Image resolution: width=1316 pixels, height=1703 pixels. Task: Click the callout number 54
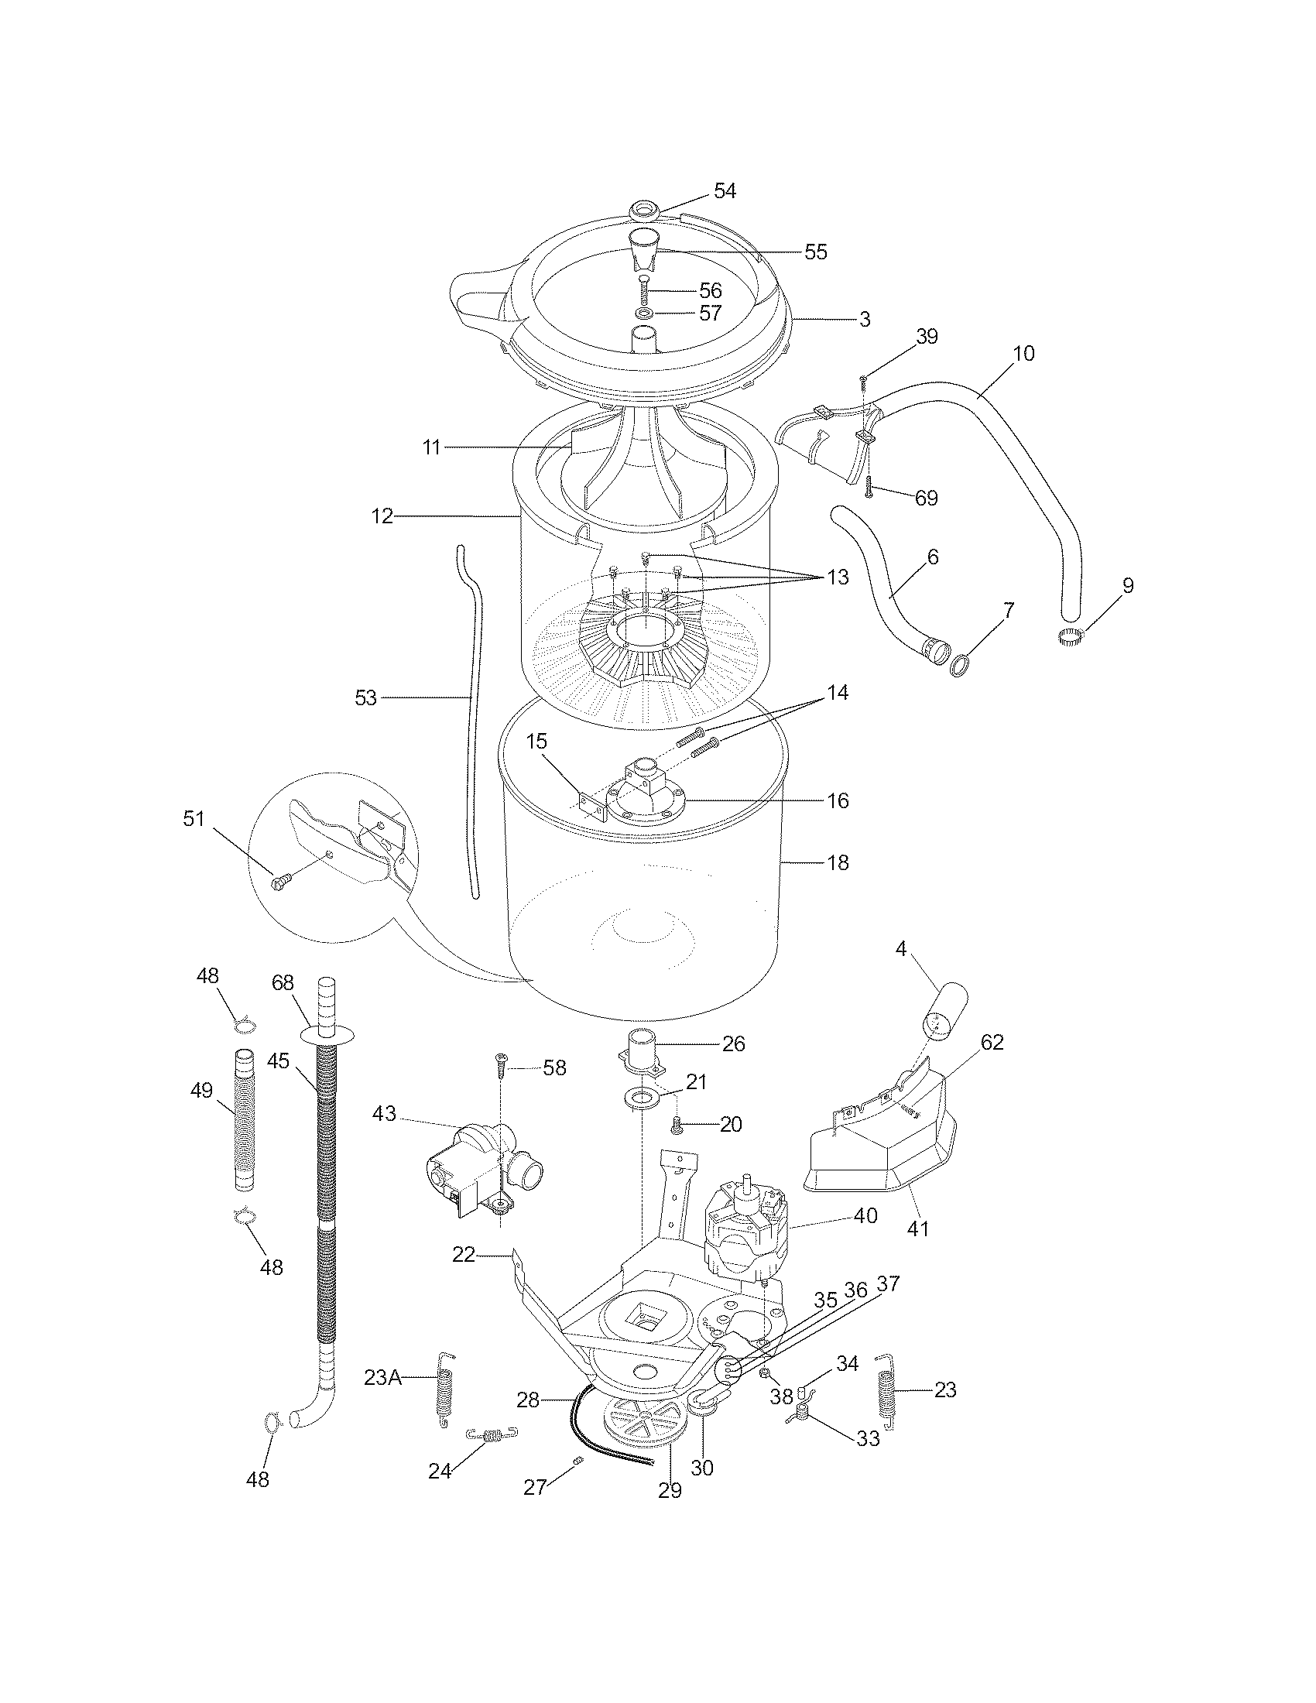click(725, 191)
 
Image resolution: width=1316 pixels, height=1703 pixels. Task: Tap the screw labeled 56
click(645, 291)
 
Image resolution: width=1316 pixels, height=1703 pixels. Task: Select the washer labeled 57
click(645, 314)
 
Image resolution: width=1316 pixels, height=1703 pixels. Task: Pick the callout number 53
click(365, 698)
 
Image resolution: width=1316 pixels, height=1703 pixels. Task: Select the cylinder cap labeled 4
click(944, 1012)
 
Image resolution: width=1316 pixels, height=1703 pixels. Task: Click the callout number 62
click(992, 1042)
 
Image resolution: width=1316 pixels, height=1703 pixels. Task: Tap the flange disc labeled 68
click(327, 1034)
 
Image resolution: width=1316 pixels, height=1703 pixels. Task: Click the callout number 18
click(838, 863)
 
